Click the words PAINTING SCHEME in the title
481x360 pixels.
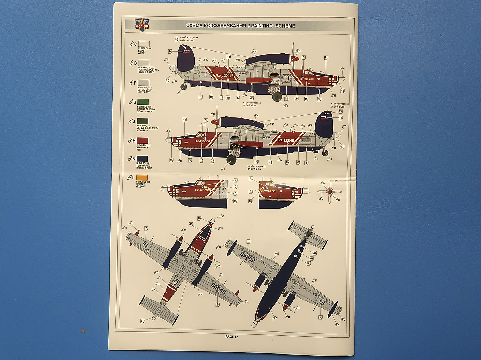273,26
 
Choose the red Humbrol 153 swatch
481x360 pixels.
143,140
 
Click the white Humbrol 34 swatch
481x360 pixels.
144,44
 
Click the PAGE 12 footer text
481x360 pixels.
232,337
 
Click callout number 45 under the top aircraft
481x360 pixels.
252,98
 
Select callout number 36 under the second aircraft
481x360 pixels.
256,161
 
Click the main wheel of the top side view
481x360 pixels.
277,97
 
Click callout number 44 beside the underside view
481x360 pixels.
315,253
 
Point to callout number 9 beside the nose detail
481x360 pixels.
235,187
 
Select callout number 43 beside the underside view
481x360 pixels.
309,263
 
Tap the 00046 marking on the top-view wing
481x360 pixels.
219,288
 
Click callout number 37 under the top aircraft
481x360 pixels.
238,98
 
